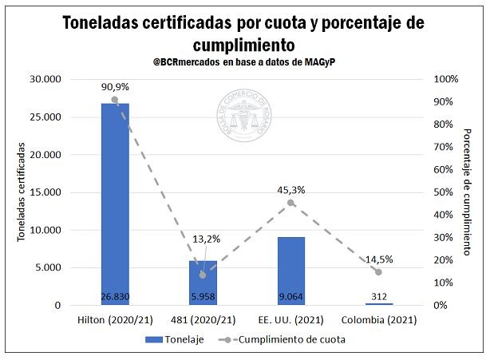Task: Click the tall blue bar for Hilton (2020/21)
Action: [x=115, y=200]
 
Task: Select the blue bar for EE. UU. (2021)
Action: [x=290, y=267]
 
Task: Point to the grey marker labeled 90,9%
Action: [x=115, y=100]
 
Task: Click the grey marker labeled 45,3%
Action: [x=290, y=203]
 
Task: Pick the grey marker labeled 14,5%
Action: [x=378, y=272]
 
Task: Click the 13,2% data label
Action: [x=206, y=239]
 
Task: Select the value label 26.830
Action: [x=115, y=298]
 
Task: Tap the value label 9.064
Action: [x=290, y=298]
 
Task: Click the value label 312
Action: [x=378, y=298]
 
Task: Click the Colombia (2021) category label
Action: [x=378, y=319]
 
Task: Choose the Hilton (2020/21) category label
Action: [x=115, y=319]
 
